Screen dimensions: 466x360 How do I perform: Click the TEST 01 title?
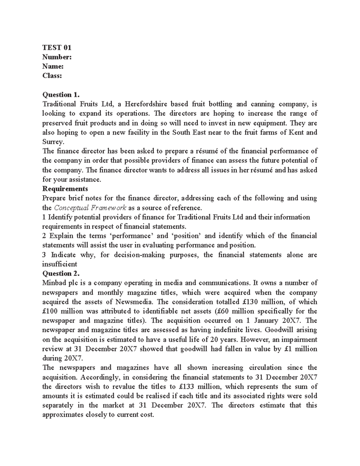(x=57, y=47)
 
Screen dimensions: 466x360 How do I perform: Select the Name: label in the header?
(x=53, y=66)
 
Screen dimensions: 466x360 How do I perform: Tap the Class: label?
(x=52, y=76)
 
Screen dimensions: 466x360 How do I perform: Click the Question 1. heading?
(x=61, y=95)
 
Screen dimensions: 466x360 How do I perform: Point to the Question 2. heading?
(x=61, y=273)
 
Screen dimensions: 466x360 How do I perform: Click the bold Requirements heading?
(x=65, y=189)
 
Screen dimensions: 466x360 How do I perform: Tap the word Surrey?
(x=53, y=142)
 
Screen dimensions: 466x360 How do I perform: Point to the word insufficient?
(x=60, y=264)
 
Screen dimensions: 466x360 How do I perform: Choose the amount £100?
(x=50, y=311)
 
